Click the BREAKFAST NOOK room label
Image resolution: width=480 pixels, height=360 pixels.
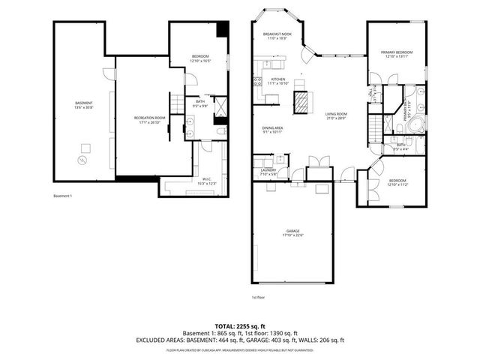[x=276, y=34]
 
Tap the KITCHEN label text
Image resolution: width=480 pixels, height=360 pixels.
[x=277, y=79]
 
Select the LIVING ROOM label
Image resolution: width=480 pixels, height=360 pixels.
[x=339, y=115]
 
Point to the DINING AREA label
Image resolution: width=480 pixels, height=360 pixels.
[x=271, y=129]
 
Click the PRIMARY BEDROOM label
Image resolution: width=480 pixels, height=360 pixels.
[x=399, y=52]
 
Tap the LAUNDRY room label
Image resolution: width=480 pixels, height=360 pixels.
[x=268, y=170]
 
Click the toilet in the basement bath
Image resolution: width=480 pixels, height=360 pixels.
[x=221, y=132]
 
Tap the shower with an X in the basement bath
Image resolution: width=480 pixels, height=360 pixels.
[x=222, y=110]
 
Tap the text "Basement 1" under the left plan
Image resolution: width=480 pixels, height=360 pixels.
[x=63, y=196]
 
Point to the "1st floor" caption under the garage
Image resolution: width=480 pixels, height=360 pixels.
[x=259, y=297]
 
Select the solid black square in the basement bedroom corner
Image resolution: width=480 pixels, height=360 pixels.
[x=221, y=29]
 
